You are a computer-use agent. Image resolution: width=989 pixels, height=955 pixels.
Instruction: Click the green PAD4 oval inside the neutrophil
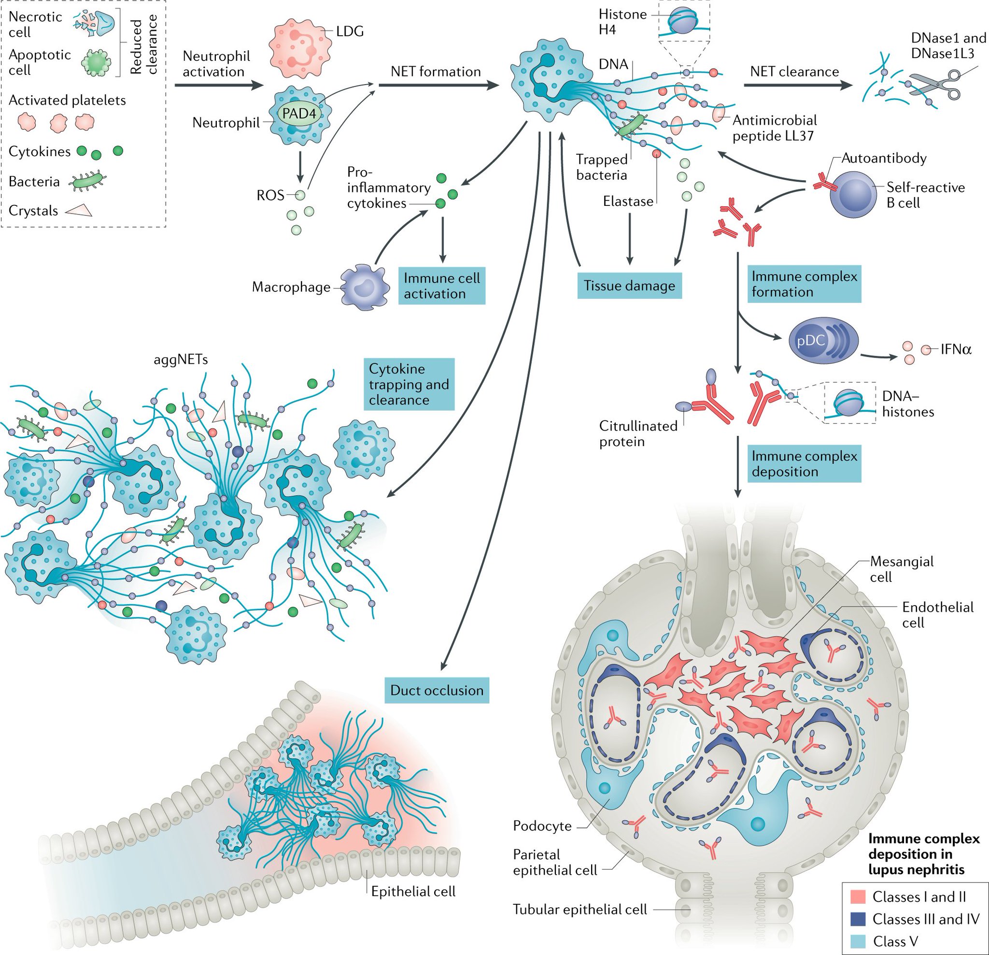pos(299,114)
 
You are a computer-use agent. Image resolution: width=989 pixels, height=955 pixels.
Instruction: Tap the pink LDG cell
pos(294,49)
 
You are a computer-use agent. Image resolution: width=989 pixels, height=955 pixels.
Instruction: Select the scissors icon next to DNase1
pos(934,86)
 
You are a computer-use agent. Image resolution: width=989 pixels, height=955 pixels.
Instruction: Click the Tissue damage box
pos(629,286)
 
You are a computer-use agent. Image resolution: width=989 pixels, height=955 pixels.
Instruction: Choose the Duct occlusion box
pos(437,690)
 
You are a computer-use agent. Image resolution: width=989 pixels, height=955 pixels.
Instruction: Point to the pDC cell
pos(822,341)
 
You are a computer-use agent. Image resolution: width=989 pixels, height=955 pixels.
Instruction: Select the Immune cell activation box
pos(441,286)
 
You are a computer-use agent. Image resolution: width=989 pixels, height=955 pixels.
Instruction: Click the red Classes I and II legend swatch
pos(858,897)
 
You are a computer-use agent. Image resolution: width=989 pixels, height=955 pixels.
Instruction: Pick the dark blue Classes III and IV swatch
pos(858,919)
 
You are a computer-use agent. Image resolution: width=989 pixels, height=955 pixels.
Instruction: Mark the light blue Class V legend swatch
pos(858,941)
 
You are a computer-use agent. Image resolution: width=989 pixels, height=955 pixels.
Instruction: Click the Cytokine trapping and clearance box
pos(409,384)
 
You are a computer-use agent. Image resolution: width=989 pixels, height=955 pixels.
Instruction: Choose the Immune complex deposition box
pos(804,463)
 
